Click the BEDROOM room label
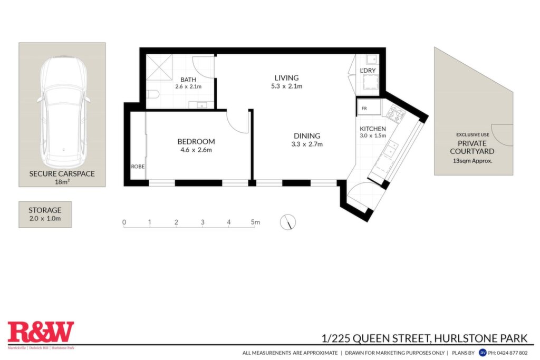click(196, 141)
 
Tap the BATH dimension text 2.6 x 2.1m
click(188, 87)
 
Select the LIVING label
click(286, 78)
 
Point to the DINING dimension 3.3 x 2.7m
click(307, 144)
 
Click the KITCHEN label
click(373, 129)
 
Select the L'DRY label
click(368, 71)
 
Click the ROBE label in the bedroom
click(138, 167)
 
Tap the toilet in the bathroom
click(152, 94)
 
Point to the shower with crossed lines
click(159, 67)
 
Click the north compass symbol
click(287, 222)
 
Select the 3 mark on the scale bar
click(202, 222)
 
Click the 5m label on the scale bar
click(255, 222)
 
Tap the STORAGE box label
click(45, 210)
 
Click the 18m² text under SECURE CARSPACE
click(62, 182)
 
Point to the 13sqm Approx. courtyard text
click(472, 161)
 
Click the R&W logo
click(41, 332)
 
